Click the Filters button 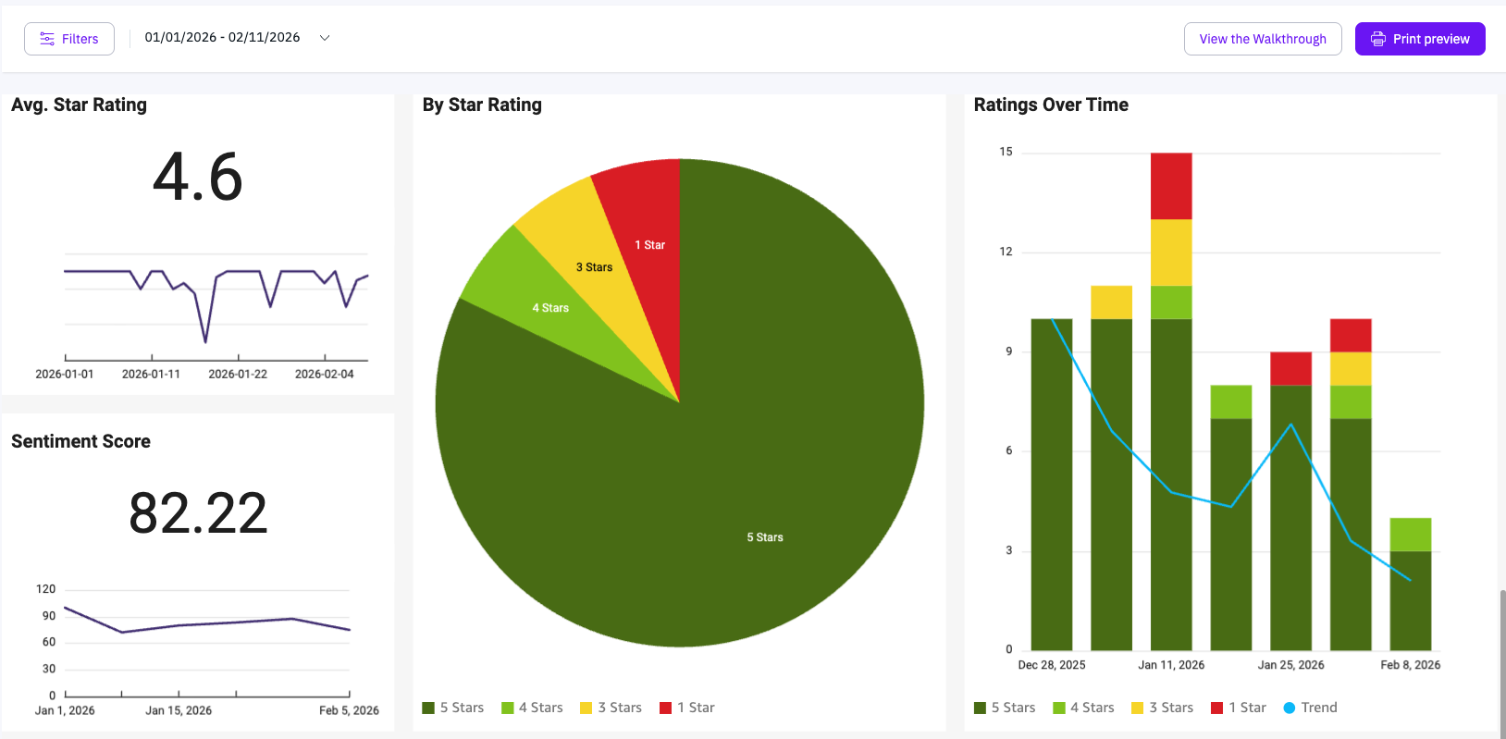point(69,39)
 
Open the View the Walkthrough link point(1262,39)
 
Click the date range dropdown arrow point(325,38)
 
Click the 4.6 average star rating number point(198,177)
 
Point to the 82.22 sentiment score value point(198,513)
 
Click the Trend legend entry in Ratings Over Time point(1310,708)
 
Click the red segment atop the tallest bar point(1171,186)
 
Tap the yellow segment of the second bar point(1111,302)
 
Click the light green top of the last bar point(1410,535)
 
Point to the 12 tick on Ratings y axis point(1006,252)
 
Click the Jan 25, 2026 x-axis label point(1290,665)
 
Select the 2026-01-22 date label point(238,374)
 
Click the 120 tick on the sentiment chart point(46,589)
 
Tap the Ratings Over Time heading point(1051,105)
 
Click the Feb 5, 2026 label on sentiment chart point(349,710)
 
